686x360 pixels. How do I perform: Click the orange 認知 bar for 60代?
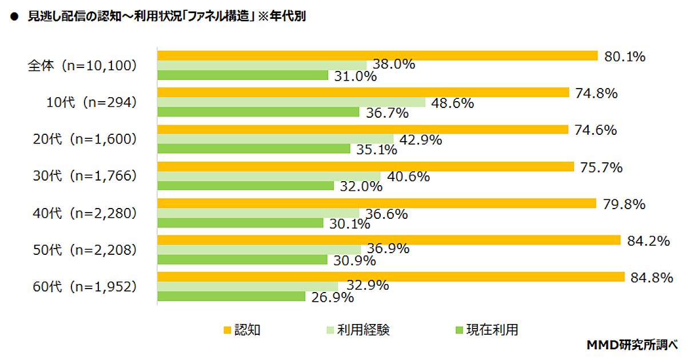coord(390,277)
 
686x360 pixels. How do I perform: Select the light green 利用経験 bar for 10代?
coord(291,102)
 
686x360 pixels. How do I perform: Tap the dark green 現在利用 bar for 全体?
coord(242,75)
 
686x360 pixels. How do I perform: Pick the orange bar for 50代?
coord(389,241)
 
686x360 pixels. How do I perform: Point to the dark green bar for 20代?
coord(254,149)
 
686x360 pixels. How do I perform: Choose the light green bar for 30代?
coord(269,176)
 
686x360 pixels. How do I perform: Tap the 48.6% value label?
coord(453,103)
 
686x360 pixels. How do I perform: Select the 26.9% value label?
coord(333,298)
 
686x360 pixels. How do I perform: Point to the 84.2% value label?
coord(648,241)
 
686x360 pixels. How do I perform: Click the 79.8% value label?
coord(624,204)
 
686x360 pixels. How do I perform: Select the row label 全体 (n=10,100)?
coord(82,66)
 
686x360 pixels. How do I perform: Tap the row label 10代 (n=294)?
coord(91,103)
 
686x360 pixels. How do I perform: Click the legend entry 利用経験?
coord(357,330)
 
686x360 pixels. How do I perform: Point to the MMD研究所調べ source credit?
coord(632,345)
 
